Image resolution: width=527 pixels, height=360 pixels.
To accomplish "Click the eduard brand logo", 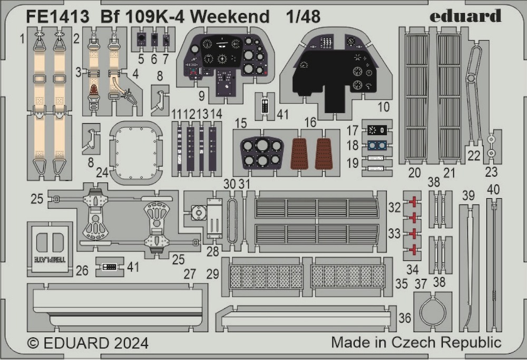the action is [465, 16].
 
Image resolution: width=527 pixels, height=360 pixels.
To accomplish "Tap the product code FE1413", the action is [57, 16].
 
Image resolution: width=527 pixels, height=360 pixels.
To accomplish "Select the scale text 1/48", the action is [303, 16].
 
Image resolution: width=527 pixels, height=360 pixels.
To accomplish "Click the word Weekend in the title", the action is [231, 16].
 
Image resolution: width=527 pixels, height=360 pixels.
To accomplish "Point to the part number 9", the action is [201, 96].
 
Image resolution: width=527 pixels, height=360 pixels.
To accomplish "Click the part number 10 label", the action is [384, 107].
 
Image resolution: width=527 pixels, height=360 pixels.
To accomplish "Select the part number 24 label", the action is [102, 172].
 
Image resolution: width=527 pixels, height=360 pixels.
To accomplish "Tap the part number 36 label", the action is [405, 318].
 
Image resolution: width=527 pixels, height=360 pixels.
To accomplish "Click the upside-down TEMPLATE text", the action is [50, 259].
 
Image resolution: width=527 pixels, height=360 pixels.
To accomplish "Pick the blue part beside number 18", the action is [376, 145].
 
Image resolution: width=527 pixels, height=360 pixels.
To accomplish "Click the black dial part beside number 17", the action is [377, 130].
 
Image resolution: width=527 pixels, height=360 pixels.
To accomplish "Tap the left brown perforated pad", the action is [299, 153].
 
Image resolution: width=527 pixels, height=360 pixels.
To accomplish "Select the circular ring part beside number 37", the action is [434, 310].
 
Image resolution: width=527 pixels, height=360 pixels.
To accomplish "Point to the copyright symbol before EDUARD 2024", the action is [33, 343].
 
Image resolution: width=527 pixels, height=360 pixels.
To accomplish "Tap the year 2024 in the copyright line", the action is [131, 343].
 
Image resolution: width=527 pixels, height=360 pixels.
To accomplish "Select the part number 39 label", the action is [469, 196].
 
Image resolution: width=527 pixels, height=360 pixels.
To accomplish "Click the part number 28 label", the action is [213, 251].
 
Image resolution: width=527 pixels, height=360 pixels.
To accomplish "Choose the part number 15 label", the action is [241, 123].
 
